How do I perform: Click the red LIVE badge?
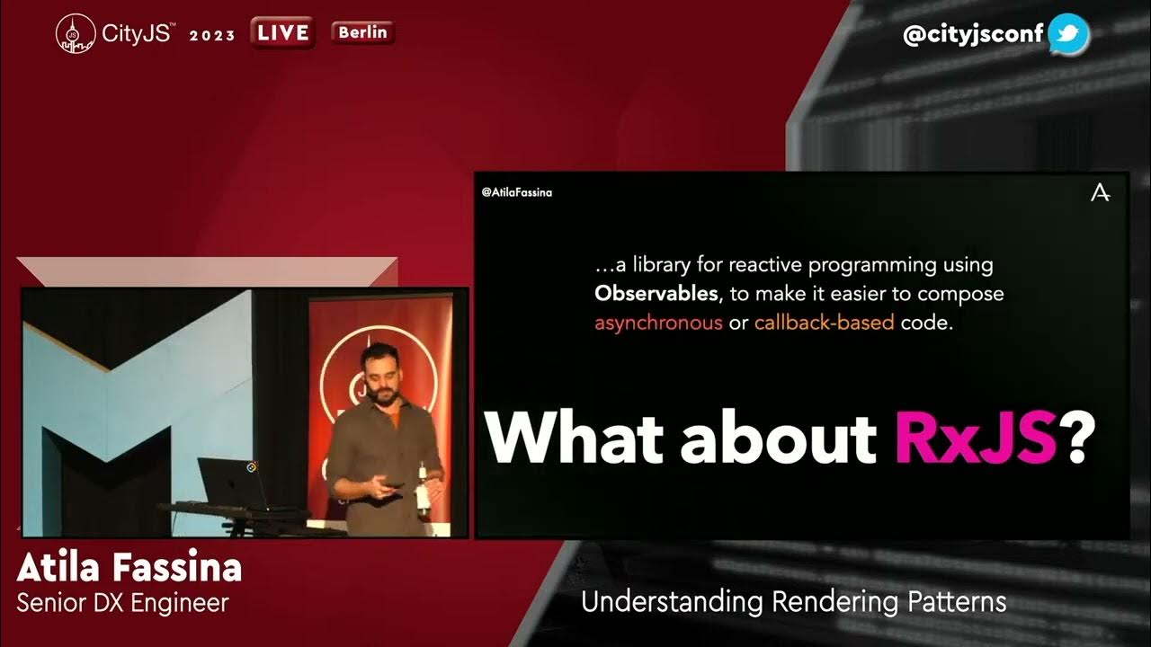[x=283, y=33]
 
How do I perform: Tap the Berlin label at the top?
[x=362, y=33]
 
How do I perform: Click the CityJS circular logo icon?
[x=76, y=34]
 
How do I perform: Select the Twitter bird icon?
[x=1068, y=35]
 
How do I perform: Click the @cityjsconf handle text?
[x=973, y=35]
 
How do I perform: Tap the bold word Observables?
[x=655, y=294]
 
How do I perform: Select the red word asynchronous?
[x=658, y=323]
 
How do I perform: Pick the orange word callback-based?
[x=824, y=323]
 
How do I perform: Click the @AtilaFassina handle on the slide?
[x=517, y=192]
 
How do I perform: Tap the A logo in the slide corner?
[x=1100, y=193]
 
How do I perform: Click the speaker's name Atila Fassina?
[x=129, y=568]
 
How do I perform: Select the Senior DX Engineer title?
[x=123, y=602]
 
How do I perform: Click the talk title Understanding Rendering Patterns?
[x=793, y=601]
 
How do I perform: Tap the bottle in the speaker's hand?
[x=423, y=494]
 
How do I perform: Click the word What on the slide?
[x=575, y=439]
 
